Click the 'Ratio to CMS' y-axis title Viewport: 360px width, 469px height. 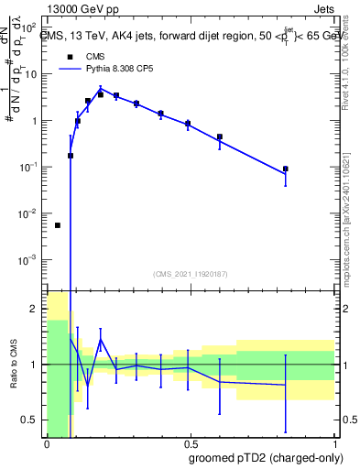15,365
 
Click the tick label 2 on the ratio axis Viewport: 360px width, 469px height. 37,310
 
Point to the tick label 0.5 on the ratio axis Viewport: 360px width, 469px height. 32,420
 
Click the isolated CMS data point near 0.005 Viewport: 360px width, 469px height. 58,225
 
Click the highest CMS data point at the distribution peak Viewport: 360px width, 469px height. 101,94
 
